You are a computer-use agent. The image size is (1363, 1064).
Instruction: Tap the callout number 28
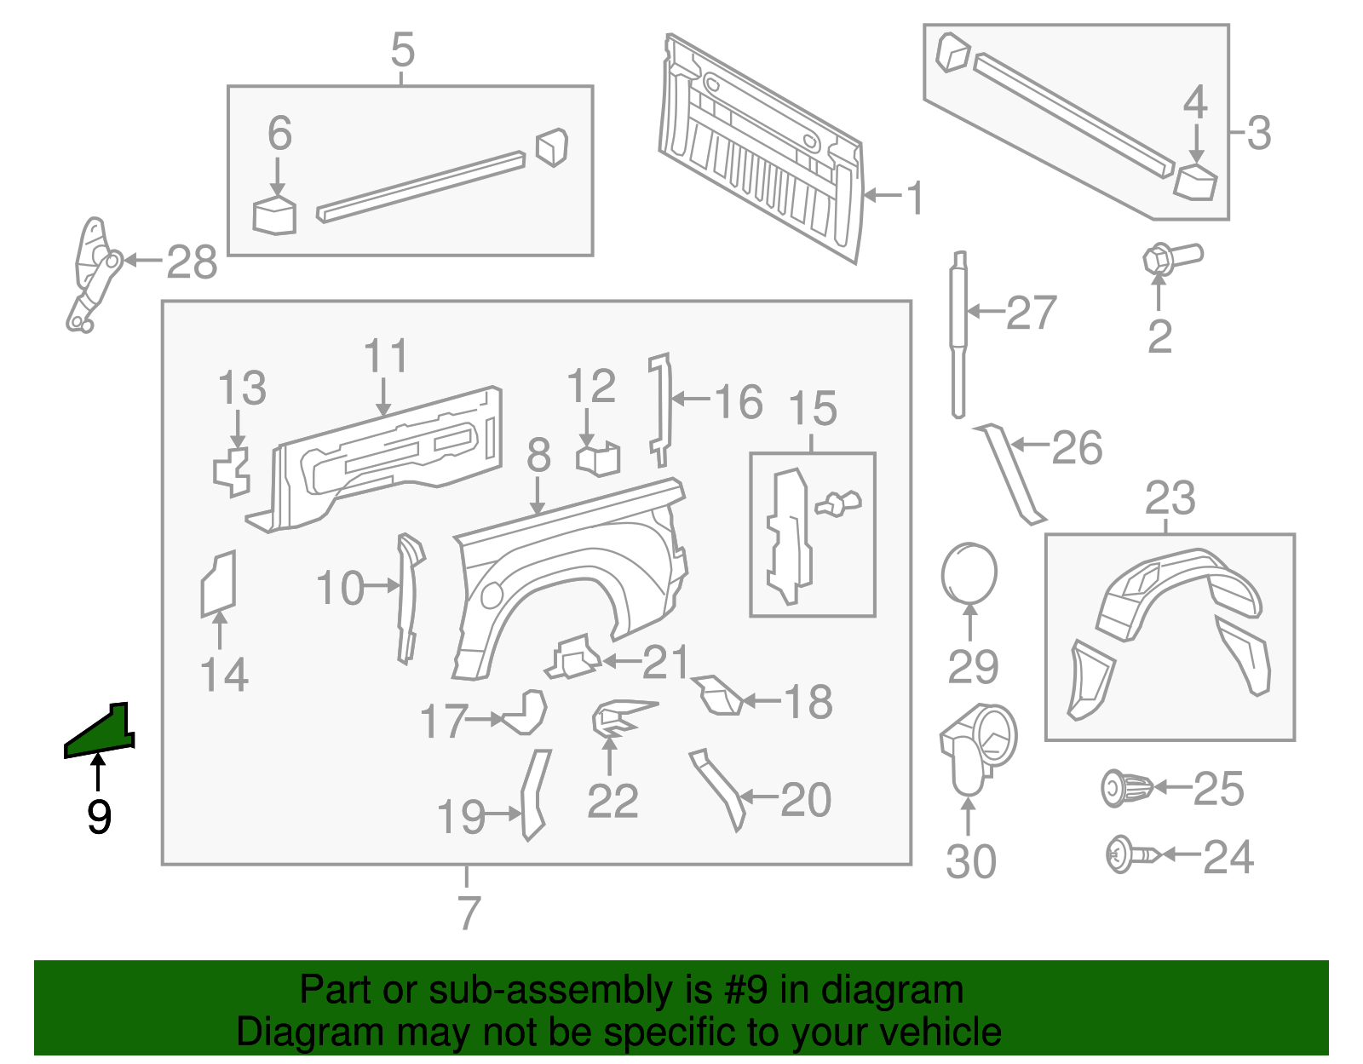192,262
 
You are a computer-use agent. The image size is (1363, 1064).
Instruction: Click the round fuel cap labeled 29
969,573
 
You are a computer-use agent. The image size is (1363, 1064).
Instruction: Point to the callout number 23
1170,497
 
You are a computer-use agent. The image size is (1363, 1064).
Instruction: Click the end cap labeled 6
274,216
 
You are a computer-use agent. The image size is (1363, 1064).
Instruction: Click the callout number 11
385,356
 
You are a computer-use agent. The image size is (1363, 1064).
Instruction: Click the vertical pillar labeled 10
408,596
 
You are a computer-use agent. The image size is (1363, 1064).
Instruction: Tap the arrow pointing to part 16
691,399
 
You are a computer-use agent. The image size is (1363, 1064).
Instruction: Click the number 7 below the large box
469,912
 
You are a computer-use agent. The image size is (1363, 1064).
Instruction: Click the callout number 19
461,817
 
